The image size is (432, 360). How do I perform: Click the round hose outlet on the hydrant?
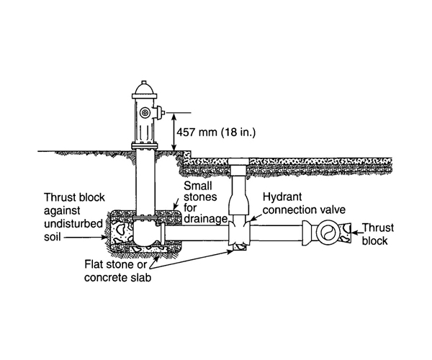(x=146, y=113)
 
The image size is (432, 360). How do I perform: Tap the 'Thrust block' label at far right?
(x=376, y=233)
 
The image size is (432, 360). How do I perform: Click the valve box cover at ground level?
(x=240, y=161)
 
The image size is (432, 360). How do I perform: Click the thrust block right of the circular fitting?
(x=348, y=232)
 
